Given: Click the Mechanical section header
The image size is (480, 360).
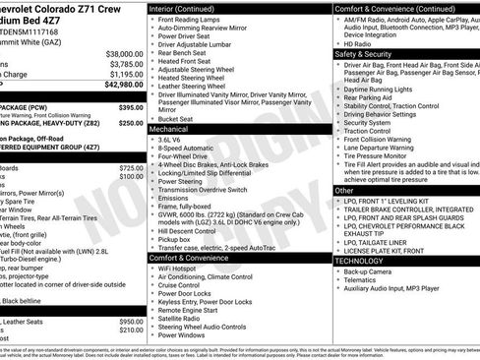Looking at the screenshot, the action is tap(169, 129).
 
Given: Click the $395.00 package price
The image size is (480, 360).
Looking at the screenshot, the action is tap(131, 106).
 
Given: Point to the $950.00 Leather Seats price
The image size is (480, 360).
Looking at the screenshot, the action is tap(131, 322).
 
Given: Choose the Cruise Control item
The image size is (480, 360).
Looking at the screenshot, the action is tap(181, 285).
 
